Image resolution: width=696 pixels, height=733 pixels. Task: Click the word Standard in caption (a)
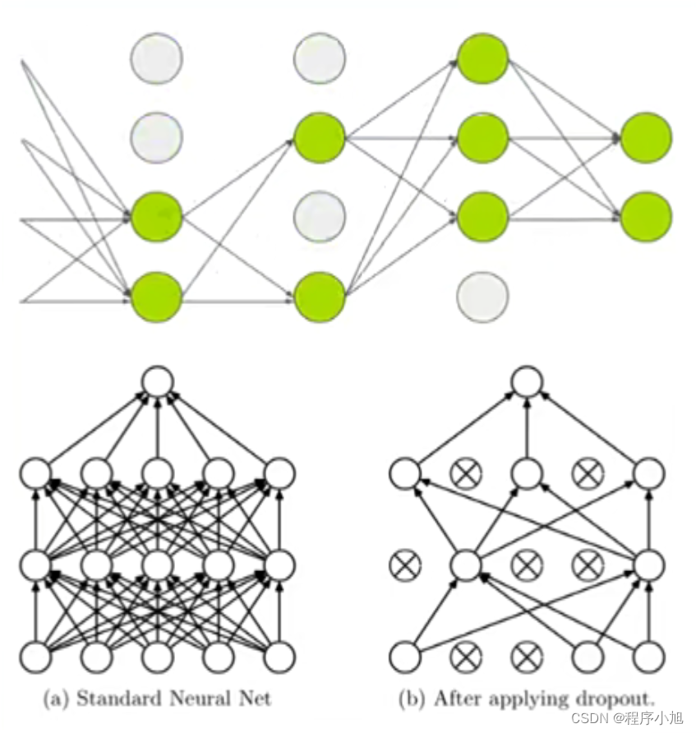coord(113,698)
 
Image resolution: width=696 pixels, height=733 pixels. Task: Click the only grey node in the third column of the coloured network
coord(482,296)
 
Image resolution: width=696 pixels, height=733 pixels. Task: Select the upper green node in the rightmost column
coord(646,138)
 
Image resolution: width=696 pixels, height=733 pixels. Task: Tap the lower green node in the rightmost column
coord(646,217)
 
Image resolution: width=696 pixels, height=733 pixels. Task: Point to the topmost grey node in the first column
coord(156,58)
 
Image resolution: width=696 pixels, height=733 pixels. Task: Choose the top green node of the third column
coord(482,58)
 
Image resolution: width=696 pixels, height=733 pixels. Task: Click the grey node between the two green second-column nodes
coord(320,217)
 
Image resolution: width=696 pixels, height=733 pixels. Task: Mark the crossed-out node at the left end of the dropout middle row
coord(404,564)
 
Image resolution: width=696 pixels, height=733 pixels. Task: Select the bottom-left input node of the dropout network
coord(404,657)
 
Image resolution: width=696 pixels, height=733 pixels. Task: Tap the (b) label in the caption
coord(411,699)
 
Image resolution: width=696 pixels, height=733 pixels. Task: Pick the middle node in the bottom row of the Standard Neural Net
coord(158,657)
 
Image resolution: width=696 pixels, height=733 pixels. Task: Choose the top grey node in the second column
coord(320,58)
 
